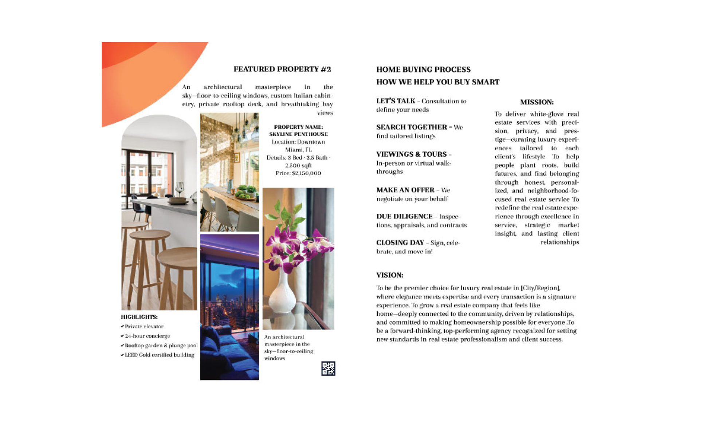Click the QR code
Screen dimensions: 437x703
[328, 368]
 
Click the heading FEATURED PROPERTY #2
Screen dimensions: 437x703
[282, 69]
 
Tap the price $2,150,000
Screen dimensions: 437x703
[306, 173]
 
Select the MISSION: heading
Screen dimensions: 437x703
[537, 102]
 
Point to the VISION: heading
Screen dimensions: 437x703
[390, 275]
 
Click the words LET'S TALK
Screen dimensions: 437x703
[396, 101]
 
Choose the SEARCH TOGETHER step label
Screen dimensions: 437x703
[412, 127]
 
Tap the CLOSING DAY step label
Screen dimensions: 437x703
[400, 243]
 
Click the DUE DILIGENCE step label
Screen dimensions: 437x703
[404, 216]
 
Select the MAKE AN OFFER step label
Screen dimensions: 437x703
[405, 190]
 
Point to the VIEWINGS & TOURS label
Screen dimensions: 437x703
[411, 154]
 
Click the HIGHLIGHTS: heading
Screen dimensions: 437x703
[139, 317]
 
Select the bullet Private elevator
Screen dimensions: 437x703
[144, 326]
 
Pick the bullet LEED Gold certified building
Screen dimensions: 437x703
[159, 355]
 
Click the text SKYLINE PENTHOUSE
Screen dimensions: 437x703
[298, 134]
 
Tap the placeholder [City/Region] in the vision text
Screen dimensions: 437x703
[540, 288]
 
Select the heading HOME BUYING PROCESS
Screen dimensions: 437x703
[423, 70]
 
